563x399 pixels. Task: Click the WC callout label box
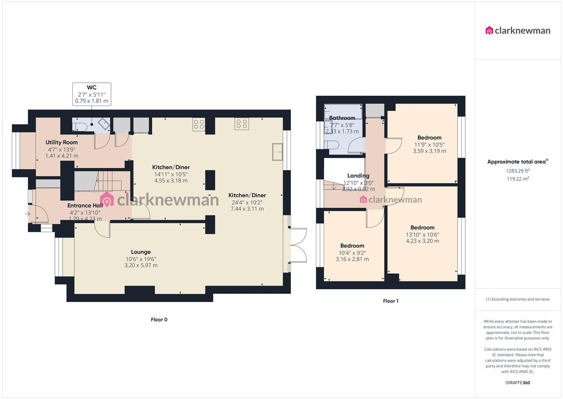pyautogui.click(x=92, y=94)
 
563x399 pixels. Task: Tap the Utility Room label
pyautogui.click(x=62, y=142)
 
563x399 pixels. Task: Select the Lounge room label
pyautogui.click(x=141, y=252)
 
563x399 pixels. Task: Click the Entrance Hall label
pyautogui.click(x=85, y=205)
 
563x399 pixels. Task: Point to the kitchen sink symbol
pyautogui.click(x=277, y=152)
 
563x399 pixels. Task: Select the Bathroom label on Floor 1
pyautogui.click(x=342, y=118)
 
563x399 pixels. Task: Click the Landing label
pyautogui.click(x=358, y=175)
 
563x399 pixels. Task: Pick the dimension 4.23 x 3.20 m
pyautogui.click(x=422, y=241)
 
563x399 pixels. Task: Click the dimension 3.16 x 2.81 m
pyautogui.click(x=352, y=259)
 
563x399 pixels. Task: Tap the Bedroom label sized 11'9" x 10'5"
pyautogui.click(x=429, y=137)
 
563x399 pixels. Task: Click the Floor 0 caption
pyautogui.click(x=159, y=320)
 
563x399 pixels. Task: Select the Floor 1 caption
pyautogui.click(x=390, y=301)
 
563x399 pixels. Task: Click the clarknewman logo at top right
pyautogui.click(x=518, y=31)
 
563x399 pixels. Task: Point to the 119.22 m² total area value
pyautogui.click(x=518, y=179)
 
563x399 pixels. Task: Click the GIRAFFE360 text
pyautogui.click(x=518, y=383)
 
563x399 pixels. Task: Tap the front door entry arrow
pyautogui.click(x=27, y=214)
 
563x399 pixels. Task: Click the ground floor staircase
pyautogui.click(x=109, y=181)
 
